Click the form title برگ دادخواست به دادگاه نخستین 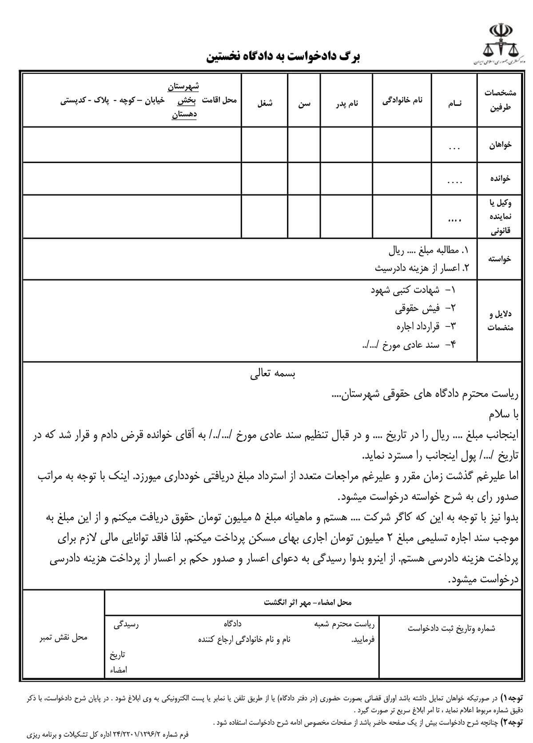coord(283,56)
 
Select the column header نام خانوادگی coord(402,101)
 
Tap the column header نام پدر coord(346,103)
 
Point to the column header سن coord(304,104)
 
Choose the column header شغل coord(265,103)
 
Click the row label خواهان coord(500,145)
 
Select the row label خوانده coord(500,178)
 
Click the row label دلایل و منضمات coord(500,321)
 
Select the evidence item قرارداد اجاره coord(418,326)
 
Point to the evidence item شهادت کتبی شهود coord(405,290)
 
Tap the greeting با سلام coord(503,415)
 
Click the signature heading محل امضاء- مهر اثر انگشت coord(307,602)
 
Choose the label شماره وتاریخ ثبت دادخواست coord(451,628)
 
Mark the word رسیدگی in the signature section coord(126,625)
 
